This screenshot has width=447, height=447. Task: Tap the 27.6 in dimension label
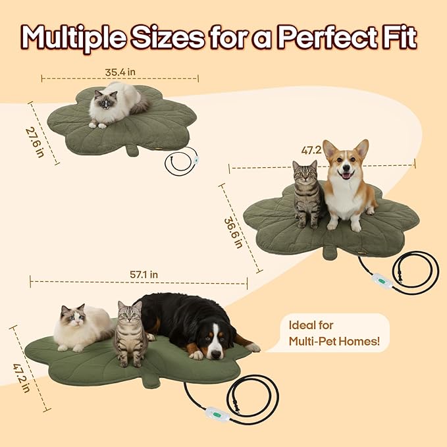pyautogui.click(x=35, y=142)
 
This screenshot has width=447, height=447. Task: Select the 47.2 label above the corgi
pyautogui.click(x=311, y=150)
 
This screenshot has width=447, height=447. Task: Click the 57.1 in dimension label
pyautogui.click(x=145, y=274)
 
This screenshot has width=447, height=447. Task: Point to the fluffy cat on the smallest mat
pyautogui.click(x=116, y=104)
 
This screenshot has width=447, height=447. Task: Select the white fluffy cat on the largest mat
pyautogui.click(x=81, y=327)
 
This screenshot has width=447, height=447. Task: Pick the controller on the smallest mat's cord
pyautogui.click(x=196, y=158)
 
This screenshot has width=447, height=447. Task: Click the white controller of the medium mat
pyautogui.click(x=382, y=280)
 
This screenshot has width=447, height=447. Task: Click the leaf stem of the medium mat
pyautogui.click(x=329, y=253)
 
